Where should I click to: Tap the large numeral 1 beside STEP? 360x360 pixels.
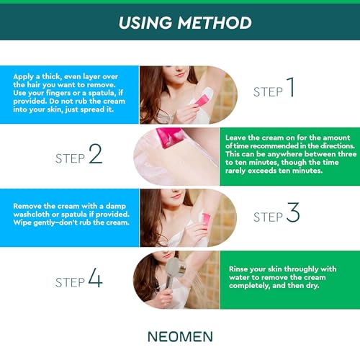pos(290,89)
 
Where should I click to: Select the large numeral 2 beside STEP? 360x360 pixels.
pos(95,154)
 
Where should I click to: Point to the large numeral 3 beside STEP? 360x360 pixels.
pos(292,213)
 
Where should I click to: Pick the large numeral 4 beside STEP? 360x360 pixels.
pos(94,279)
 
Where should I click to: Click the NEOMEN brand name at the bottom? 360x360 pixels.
pos(180,336)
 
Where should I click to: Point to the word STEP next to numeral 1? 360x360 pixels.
pos(269,92)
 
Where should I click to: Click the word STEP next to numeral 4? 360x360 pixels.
pos(70,282)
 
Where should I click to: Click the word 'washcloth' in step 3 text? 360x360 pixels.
pos(34,215)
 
